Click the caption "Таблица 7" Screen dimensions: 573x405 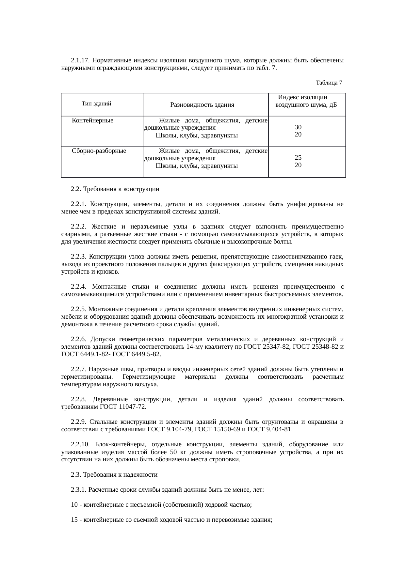[329, 83]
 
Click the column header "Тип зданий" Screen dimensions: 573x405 [96, 104]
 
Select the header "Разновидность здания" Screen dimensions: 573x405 [202, 105]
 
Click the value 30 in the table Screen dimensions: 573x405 [298, 127]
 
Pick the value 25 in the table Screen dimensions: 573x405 [298, 157]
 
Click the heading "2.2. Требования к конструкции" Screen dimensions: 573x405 [115, 189]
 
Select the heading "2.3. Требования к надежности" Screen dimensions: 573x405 [114, 475]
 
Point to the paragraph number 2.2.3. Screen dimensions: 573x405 [78, 257]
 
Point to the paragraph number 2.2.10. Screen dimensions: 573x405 [80, 444]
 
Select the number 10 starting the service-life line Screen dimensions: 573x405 [74, 505]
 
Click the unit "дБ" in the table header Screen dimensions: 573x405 [333, 105]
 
